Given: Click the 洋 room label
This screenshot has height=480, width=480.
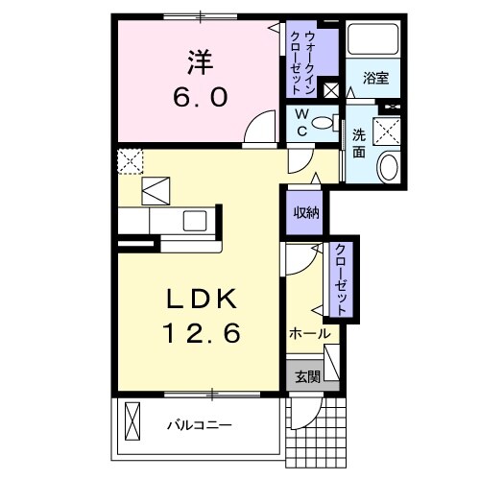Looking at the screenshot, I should [200, 62].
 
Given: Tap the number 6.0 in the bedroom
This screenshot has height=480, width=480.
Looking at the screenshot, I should [200, 96].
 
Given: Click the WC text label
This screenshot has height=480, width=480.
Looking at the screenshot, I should [300, 124].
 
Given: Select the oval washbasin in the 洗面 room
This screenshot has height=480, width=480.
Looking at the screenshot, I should [389, 168].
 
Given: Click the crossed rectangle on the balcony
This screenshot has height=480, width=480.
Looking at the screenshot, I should [132, 420].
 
